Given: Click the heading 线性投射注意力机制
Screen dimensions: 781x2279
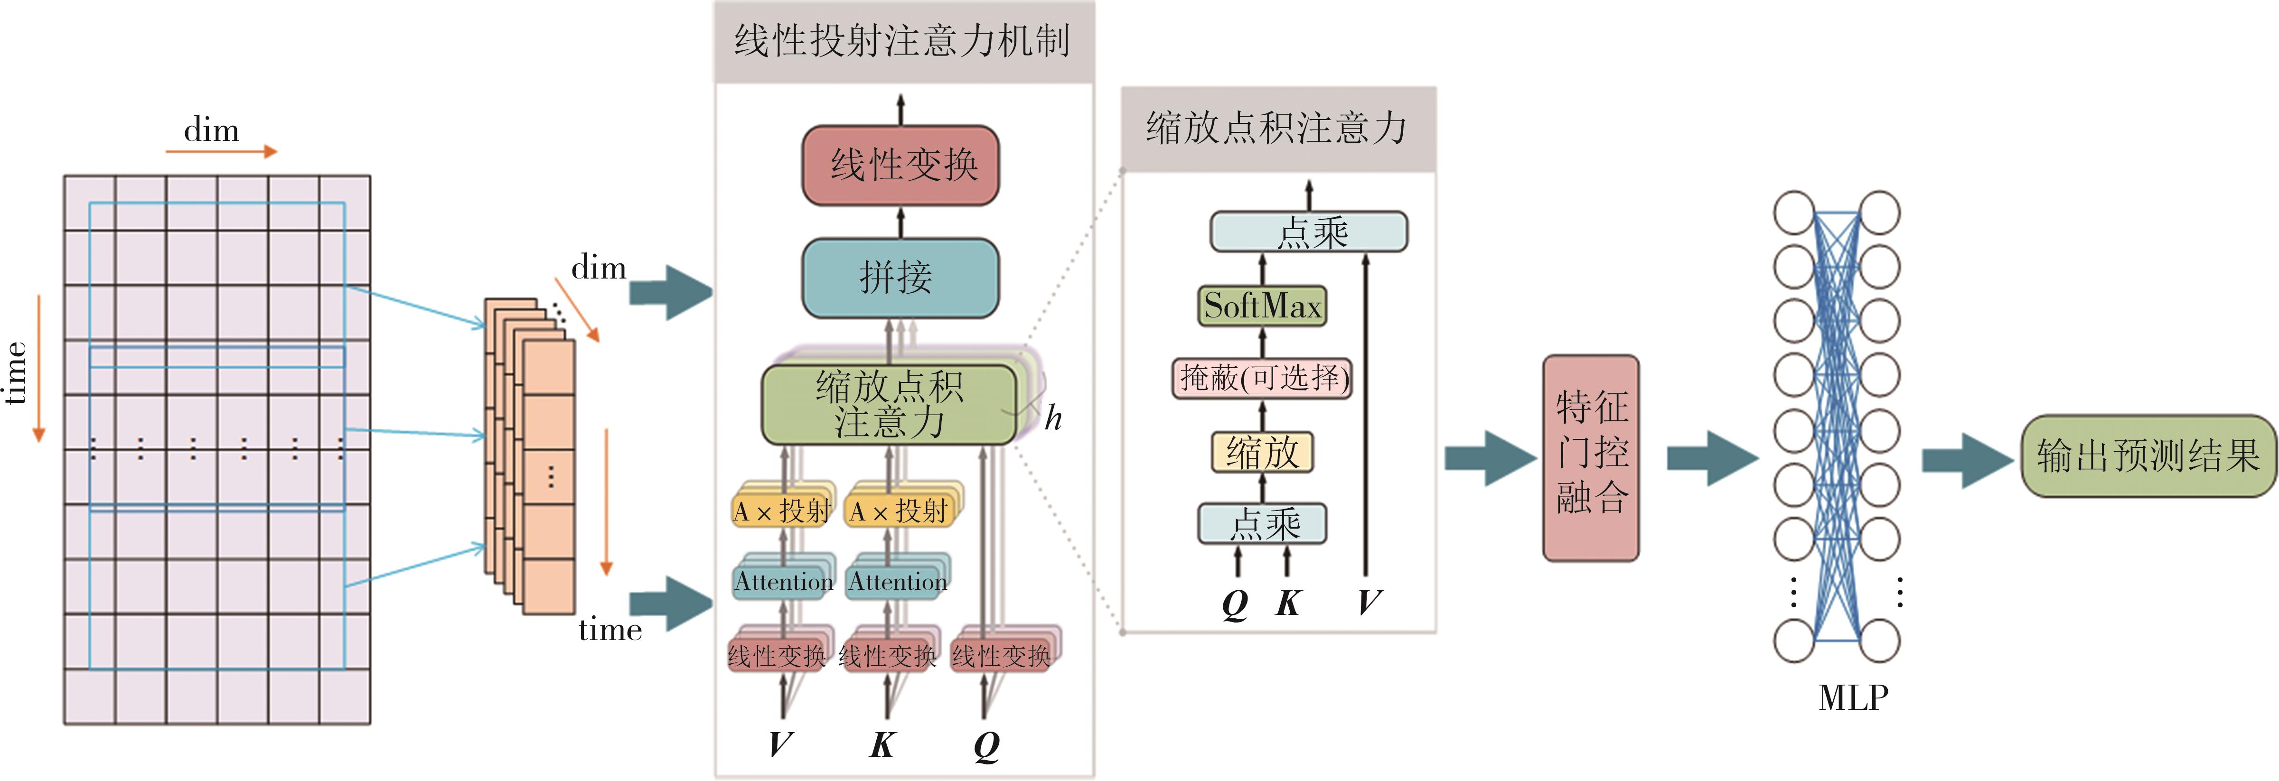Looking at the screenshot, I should [902, 41].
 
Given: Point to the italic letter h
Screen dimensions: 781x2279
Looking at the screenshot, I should [1053, 418].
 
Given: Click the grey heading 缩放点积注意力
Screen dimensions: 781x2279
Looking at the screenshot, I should [1276, 128].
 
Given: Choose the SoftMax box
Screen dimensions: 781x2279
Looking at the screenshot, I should [1263, 306].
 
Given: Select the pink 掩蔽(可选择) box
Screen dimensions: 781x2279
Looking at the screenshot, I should [1263, 379].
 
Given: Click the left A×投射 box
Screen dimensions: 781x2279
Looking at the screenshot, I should [782, 511].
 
